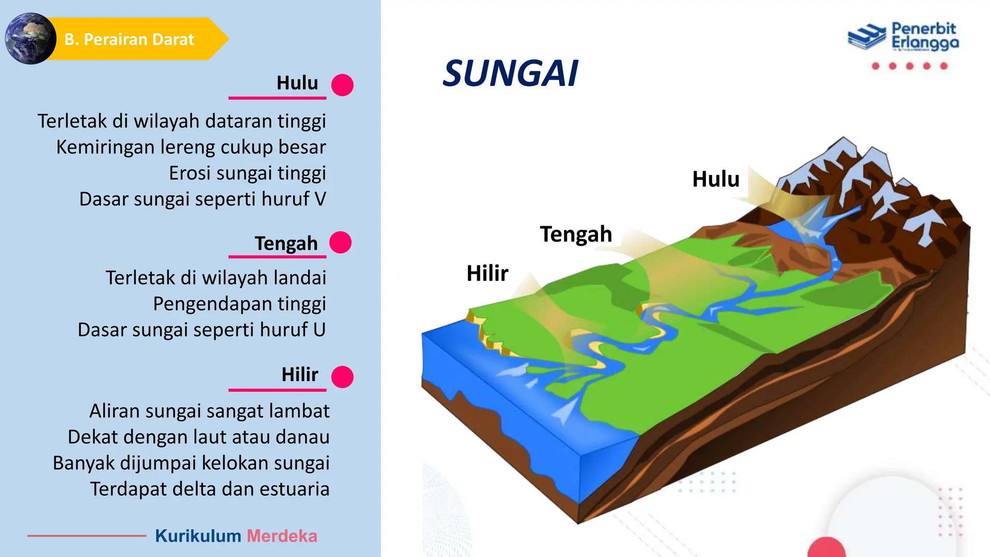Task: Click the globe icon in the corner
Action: pyautogui.click(x=30, y=39)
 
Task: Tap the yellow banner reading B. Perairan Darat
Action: pyautogui.click(x=130, y=39)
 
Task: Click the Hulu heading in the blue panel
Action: pyautogui.click(x=297, y=83)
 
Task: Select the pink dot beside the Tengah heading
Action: pyautogui.click(x=340, y=242)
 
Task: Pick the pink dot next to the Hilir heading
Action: pyautogui.click(x=342, y=377)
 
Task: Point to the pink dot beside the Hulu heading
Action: pyautogui.click(x=342, y=85)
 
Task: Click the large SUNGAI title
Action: pyautogui.click(x=510, y=74)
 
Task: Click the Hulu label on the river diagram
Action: pyautogui.click(x=716, y=179)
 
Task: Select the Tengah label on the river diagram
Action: pyautogui.click(x=576, y=235)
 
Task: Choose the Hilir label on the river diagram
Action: pyautogui.click(x=487, y=274)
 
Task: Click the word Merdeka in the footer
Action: pyautogui.click(x=282, y=536)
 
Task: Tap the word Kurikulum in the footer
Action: pyautogui.click(x=198, y=536)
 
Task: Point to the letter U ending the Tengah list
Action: pyautogui.click(x=319, y=330)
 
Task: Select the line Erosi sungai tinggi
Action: pyautogui.click(x=247, y=173)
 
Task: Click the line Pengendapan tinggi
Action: pyautogui.click(x=239, y=304)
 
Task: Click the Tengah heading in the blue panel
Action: pyautogui.click(x=286, y=243)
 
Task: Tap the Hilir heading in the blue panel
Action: pyautogui.click(x=300, y=375)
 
